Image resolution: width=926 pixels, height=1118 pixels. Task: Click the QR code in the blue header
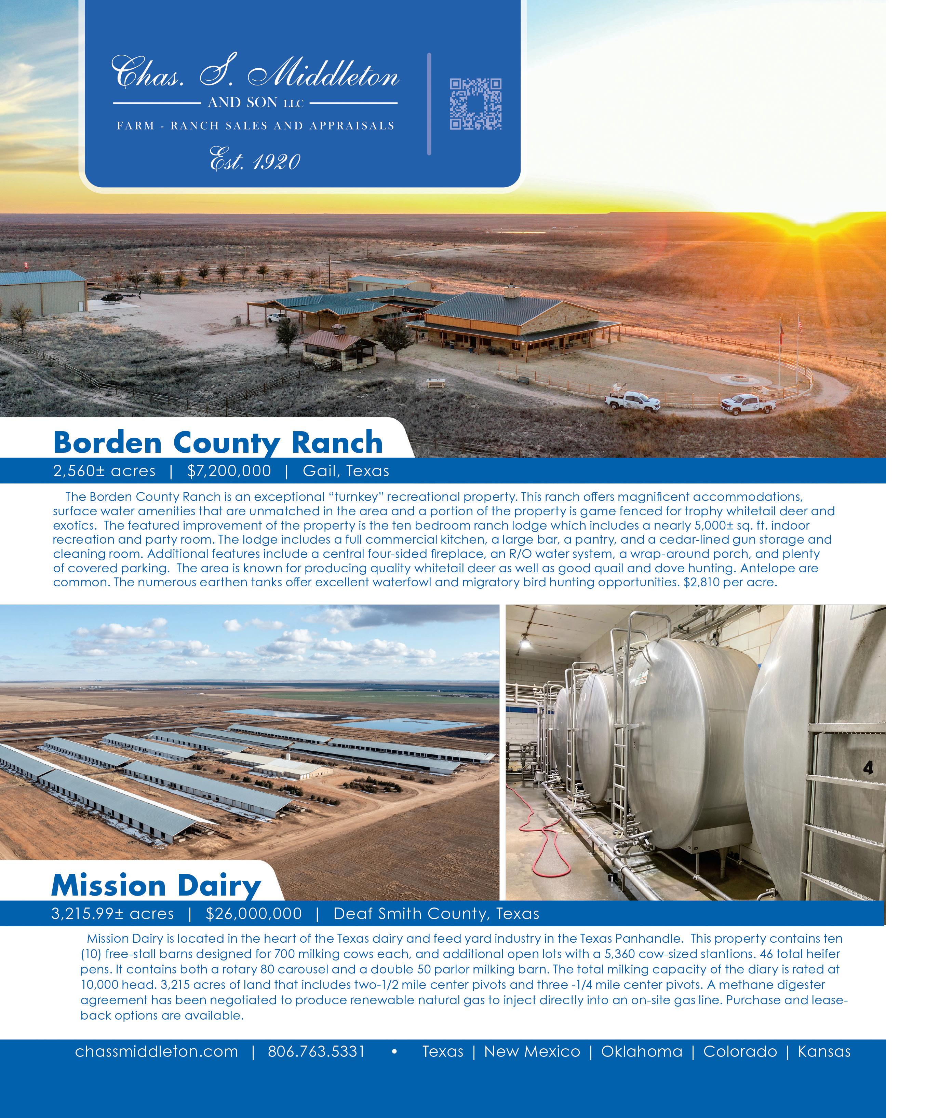[475, 104]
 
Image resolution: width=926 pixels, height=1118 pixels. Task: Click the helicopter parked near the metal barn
[119, 297]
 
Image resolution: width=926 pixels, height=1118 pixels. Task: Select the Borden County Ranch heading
[218, 443]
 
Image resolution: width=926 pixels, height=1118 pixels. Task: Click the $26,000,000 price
[254, 914]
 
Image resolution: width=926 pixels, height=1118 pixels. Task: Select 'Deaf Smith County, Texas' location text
[436, 914]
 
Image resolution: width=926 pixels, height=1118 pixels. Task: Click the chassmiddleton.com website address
[157, 1051]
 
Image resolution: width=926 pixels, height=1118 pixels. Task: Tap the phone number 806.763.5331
[316, 1051]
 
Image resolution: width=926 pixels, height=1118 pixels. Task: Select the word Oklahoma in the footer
[642, 1051]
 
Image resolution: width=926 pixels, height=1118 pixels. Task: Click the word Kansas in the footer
[824, 1051]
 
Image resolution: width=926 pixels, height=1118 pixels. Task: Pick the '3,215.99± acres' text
[112, 914]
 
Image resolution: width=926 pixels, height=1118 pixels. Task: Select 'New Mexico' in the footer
[532, 1051]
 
